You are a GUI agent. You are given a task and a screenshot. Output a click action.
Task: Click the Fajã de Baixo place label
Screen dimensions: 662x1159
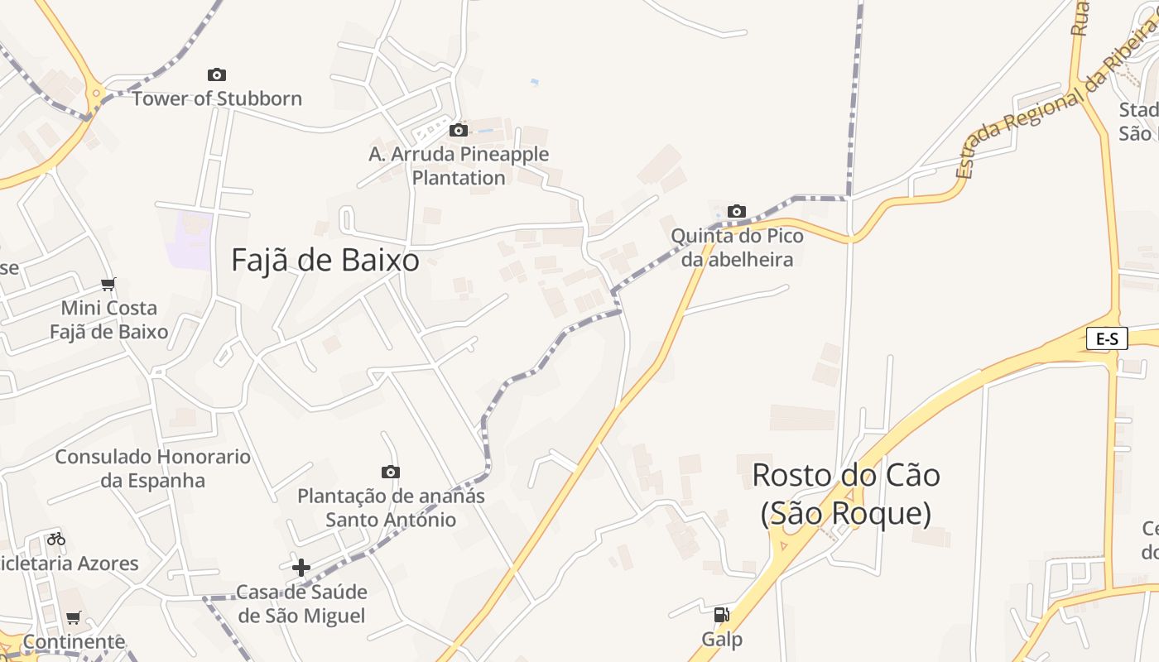[x=325, y=261]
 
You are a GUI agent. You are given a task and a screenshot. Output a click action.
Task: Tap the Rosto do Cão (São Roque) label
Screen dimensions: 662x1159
[x=845, y=494]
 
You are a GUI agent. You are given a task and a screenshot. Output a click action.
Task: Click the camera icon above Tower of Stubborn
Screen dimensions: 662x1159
[x=217, y=75]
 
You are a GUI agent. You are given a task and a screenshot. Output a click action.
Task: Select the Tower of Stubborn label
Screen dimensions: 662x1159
[x=217, y=98]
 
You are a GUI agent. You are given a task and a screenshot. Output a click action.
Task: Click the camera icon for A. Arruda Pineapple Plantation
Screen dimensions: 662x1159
[x=459, y=131]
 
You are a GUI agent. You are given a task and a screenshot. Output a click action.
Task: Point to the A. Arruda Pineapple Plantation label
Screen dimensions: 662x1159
[x=459, y=165]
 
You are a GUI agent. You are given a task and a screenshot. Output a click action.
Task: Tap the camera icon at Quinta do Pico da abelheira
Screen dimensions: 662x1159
[x=737, y=212]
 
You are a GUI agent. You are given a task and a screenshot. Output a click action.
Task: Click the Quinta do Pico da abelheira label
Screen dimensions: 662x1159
[x=737, y=247]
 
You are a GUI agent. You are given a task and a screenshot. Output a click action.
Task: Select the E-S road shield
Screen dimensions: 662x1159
[x=1107, y=338]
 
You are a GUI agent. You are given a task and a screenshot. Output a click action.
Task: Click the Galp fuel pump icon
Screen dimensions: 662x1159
[x=721, y=615]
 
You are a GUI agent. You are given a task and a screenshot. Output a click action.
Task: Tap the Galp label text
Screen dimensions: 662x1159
[x=722, y=639]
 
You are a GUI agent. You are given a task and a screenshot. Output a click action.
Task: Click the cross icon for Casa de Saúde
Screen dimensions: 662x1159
[x=301, y=568]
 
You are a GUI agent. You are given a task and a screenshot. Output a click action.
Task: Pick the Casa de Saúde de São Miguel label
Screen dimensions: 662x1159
[x=301, y=604]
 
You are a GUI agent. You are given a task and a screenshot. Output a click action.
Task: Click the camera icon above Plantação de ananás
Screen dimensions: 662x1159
[x=391, y=473]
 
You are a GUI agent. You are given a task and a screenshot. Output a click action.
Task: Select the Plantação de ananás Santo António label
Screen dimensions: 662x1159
[x=391, y=508]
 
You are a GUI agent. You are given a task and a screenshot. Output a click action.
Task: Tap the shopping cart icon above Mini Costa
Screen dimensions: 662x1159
[x=108, y=285]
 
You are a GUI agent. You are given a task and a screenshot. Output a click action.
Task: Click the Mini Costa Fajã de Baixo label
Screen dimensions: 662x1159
[x=108, y=320]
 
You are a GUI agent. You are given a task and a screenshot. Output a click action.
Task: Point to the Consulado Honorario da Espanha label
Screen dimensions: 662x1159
[x=152, y=468]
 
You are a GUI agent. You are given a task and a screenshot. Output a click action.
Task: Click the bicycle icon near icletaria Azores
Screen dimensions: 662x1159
[x=56, y=539]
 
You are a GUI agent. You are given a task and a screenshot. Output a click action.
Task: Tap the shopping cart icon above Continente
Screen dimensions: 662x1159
[x=74, y=617]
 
